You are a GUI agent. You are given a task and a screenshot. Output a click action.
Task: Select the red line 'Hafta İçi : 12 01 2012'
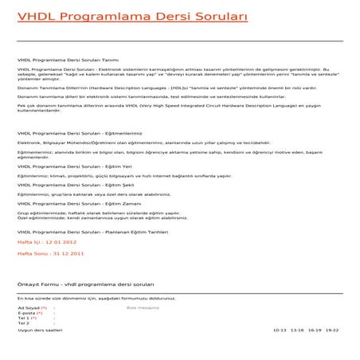coord(47,241)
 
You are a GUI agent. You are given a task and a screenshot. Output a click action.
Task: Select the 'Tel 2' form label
coord(24,323)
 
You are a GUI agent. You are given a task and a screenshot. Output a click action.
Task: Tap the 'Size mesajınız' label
coord(143,307)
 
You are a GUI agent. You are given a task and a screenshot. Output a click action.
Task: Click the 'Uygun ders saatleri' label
coord(40,329)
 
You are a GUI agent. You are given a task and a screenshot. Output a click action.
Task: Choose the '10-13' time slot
coord(280,329)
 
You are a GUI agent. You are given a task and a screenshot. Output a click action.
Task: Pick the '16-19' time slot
coord(315,329)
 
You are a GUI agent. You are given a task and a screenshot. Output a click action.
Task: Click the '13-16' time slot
coord(297,329)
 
